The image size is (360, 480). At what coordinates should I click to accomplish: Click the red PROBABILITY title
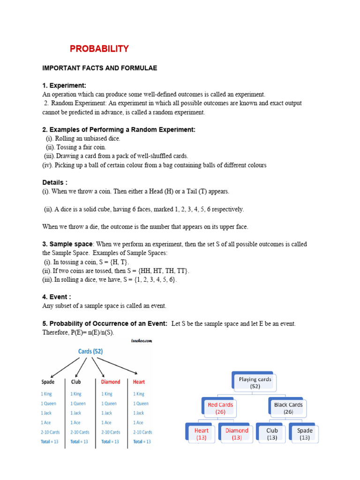[99, 49]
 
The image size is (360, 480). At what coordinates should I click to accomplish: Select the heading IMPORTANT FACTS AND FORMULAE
[99, 68]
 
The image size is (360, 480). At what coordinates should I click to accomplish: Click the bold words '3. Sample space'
[67, 244]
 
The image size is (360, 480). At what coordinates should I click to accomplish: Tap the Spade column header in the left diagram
[48, 382]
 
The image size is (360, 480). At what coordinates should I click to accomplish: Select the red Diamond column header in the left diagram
[111, 382]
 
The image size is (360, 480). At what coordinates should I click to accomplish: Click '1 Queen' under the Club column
[78, 404]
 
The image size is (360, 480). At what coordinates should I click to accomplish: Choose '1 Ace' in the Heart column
[139, 422]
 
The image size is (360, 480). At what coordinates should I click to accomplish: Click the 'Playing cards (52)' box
[255, 382]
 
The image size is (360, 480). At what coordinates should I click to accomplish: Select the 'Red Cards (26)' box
[220, 408]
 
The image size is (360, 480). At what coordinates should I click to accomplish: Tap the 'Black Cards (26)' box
[288, 408]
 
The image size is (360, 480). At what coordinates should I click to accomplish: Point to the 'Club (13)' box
[272, 434]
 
